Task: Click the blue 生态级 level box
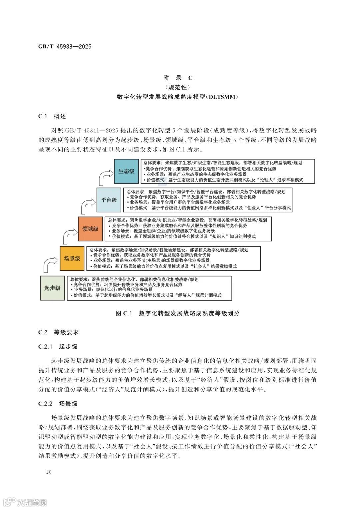pyautogui.click(x=126, y=171)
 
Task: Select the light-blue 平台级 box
pyautogui.click(x=109, y=200)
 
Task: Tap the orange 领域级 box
pyautogui.click(x=90, y=229)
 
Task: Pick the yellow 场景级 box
pyautogui.click(x=72, y=258)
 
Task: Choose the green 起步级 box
pyautogui.click(x=52, y=288)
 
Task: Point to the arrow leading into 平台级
pyautogui.click(x=87, y=206)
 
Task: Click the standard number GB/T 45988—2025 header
pyautogui.click(x=65, y=47)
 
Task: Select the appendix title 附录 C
pyautogui.click(x=178, y=78)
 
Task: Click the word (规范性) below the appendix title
pyautogui.click(x=178, y=87)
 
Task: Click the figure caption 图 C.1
pyautogui.click(x=124, y=313)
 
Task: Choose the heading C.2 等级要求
pyautogui.click(x=58, y=332)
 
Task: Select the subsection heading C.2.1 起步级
pyautogui.click(x=58, y=347)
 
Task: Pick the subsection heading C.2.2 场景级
pyautogui.click(x=58, y=404)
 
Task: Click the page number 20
pyautogui.click(x=49, y=472)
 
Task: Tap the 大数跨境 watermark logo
pyautogui.click(x=25, y=502)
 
